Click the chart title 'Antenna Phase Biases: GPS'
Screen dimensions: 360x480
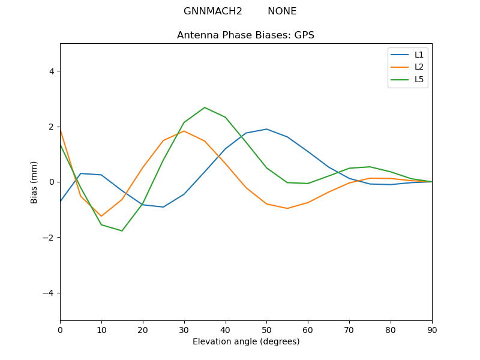[245, 35]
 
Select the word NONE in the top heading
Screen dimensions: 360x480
[282, 11]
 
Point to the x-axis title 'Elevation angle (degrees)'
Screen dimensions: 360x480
[245, 341]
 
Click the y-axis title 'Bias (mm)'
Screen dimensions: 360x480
[34, 182]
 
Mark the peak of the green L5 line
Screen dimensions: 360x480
[205, 107]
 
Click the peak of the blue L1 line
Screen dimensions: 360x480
[266, 129]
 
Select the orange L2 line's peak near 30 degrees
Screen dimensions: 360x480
[184, 131]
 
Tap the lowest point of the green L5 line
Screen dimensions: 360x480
[122, 231]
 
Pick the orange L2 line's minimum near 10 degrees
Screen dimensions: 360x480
[101, 216]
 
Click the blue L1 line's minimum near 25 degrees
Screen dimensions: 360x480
[163, 207]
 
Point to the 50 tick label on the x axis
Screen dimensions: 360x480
[266, 329]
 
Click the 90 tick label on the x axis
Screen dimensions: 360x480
[431, 329]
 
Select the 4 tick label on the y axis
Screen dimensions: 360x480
[51, 71]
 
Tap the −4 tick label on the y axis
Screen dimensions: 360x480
[49, 293]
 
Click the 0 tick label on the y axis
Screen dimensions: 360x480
[51, 182]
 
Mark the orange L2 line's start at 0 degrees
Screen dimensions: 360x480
[61, 130]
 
